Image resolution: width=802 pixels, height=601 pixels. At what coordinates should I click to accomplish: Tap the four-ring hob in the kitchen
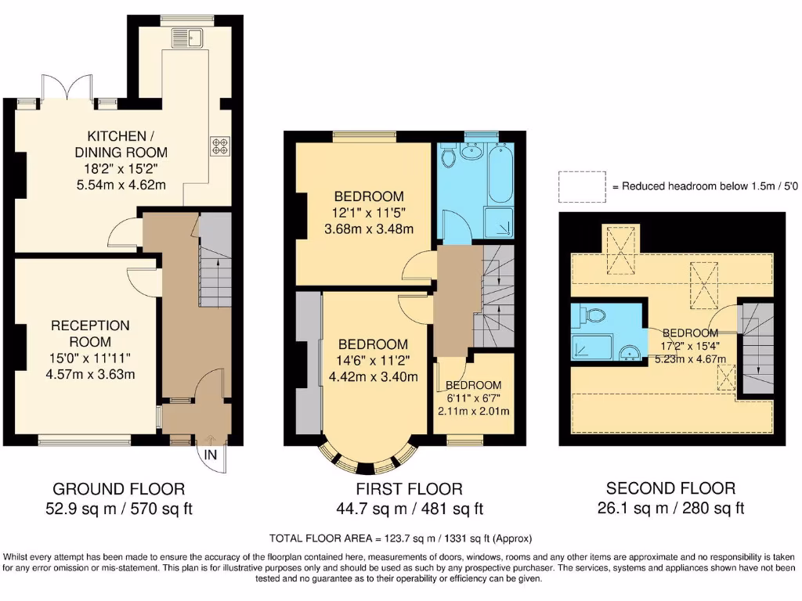point(219,146)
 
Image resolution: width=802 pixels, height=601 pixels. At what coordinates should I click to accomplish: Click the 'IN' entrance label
point(211,455)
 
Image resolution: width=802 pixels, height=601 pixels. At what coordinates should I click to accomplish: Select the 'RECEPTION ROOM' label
point(90,333)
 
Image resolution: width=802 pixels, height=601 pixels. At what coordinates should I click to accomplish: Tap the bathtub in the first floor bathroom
point(497,176)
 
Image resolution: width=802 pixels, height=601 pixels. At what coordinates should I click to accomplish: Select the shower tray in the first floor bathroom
point(499,222)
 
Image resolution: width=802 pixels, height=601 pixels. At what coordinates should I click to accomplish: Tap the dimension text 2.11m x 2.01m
point(474,412)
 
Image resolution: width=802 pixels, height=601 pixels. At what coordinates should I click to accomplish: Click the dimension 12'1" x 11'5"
point(369,212)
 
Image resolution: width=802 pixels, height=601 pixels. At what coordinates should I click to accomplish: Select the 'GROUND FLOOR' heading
point(118,489)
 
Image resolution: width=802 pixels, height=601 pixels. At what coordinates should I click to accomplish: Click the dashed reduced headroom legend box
point(582,186)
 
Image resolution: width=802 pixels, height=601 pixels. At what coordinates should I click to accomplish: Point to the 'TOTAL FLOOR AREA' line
point(400,538)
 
